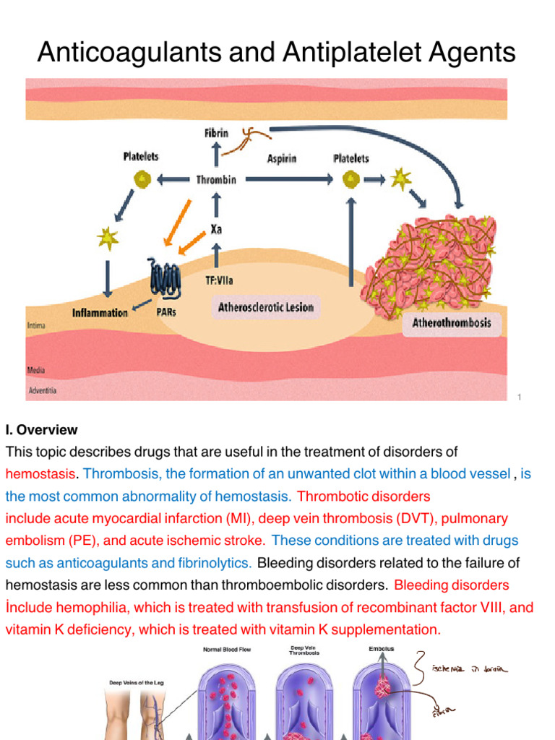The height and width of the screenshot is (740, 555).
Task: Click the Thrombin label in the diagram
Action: pos(216,180)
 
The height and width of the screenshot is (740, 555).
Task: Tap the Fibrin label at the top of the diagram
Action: pos(216,134)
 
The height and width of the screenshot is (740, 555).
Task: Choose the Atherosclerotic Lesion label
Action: pos(266,307)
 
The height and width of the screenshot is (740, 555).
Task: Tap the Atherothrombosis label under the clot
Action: pos(451,322)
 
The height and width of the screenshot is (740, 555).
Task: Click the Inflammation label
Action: pos(100,313)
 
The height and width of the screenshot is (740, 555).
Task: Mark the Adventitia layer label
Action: pos(44,391)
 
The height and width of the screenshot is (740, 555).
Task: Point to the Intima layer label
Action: pos(37,326)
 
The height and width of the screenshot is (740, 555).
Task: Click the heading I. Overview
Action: pos(41,430)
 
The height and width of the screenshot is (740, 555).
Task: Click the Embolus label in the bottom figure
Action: pos(381,649)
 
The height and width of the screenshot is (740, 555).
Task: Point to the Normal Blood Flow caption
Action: pos(226,650)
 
